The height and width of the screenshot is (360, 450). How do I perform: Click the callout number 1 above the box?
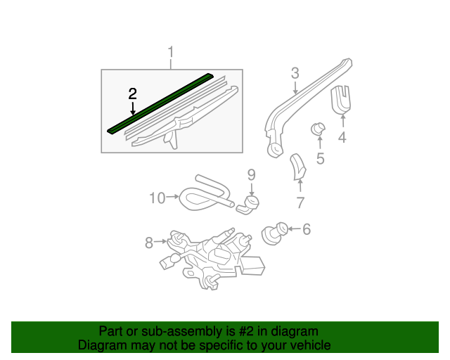click(170, 53)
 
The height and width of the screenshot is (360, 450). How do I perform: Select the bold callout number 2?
click(132, 94)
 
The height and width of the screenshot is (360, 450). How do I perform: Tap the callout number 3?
click(295, 73)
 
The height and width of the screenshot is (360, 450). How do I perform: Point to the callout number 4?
click(342, 138)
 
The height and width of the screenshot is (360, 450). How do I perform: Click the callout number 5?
click(320, 158)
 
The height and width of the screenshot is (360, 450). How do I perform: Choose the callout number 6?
click(306, 229)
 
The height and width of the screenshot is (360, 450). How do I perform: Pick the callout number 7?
click(300, 203)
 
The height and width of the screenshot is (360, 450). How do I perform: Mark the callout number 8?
click(149, 243)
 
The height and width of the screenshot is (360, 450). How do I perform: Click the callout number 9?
click(250, 174)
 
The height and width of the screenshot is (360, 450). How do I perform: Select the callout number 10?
click(156, 198)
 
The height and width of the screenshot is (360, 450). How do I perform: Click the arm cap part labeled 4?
click(342, 98)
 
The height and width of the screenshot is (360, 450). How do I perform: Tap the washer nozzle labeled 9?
click(249, 204)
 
